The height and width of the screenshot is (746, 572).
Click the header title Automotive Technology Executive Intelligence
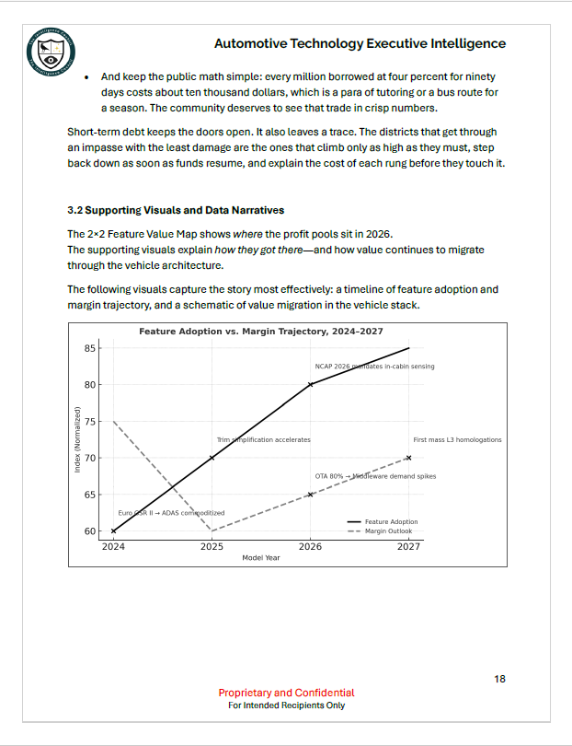tap(360, 43)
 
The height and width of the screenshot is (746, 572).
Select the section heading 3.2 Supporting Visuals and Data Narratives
tap(176, 211)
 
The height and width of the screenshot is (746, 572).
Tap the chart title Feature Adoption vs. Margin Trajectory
tap(260, 331)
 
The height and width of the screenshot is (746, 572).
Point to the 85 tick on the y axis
tap(90, 348)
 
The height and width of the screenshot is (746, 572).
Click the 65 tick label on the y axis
tap(90, 495)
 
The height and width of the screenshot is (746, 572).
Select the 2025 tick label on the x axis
tap(212, 546)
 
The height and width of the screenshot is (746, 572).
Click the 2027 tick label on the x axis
tap(408, 546)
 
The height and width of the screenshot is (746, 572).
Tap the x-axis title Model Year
tap(260, 558)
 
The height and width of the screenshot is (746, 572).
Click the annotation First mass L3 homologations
tap(457, 440)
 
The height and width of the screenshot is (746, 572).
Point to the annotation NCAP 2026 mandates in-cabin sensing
tap(374, 367)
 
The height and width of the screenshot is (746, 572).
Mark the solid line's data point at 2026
tap(310, 384)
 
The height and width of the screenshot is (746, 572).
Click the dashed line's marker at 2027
tap(408, 458)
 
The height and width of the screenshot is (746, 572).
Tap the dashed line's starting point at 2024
tap(113, 421)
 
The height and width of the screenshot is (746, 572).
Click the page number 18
tap(499, 679)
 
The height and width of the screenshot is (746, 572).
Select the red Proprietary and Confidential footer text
tap(286, 693)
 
